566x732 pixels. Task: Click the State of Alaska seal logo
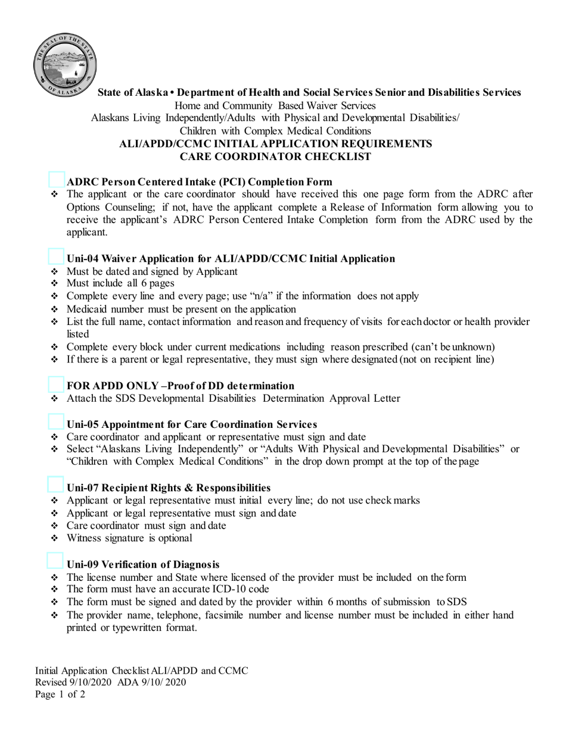64,64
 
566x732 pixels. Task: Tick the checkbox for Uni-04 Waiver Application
57,257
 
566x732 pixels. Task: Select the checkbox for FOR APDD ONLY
57,384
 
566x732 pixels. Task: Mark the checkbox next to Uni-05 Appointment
57,423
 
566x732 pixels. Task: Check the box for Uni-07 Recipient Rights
57,486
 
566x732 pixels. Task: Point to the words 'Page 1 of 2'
60,694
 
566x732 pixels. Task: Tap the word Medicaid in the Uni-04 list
87,309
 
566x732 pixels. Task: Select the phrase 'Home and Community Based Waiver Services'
275,105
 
